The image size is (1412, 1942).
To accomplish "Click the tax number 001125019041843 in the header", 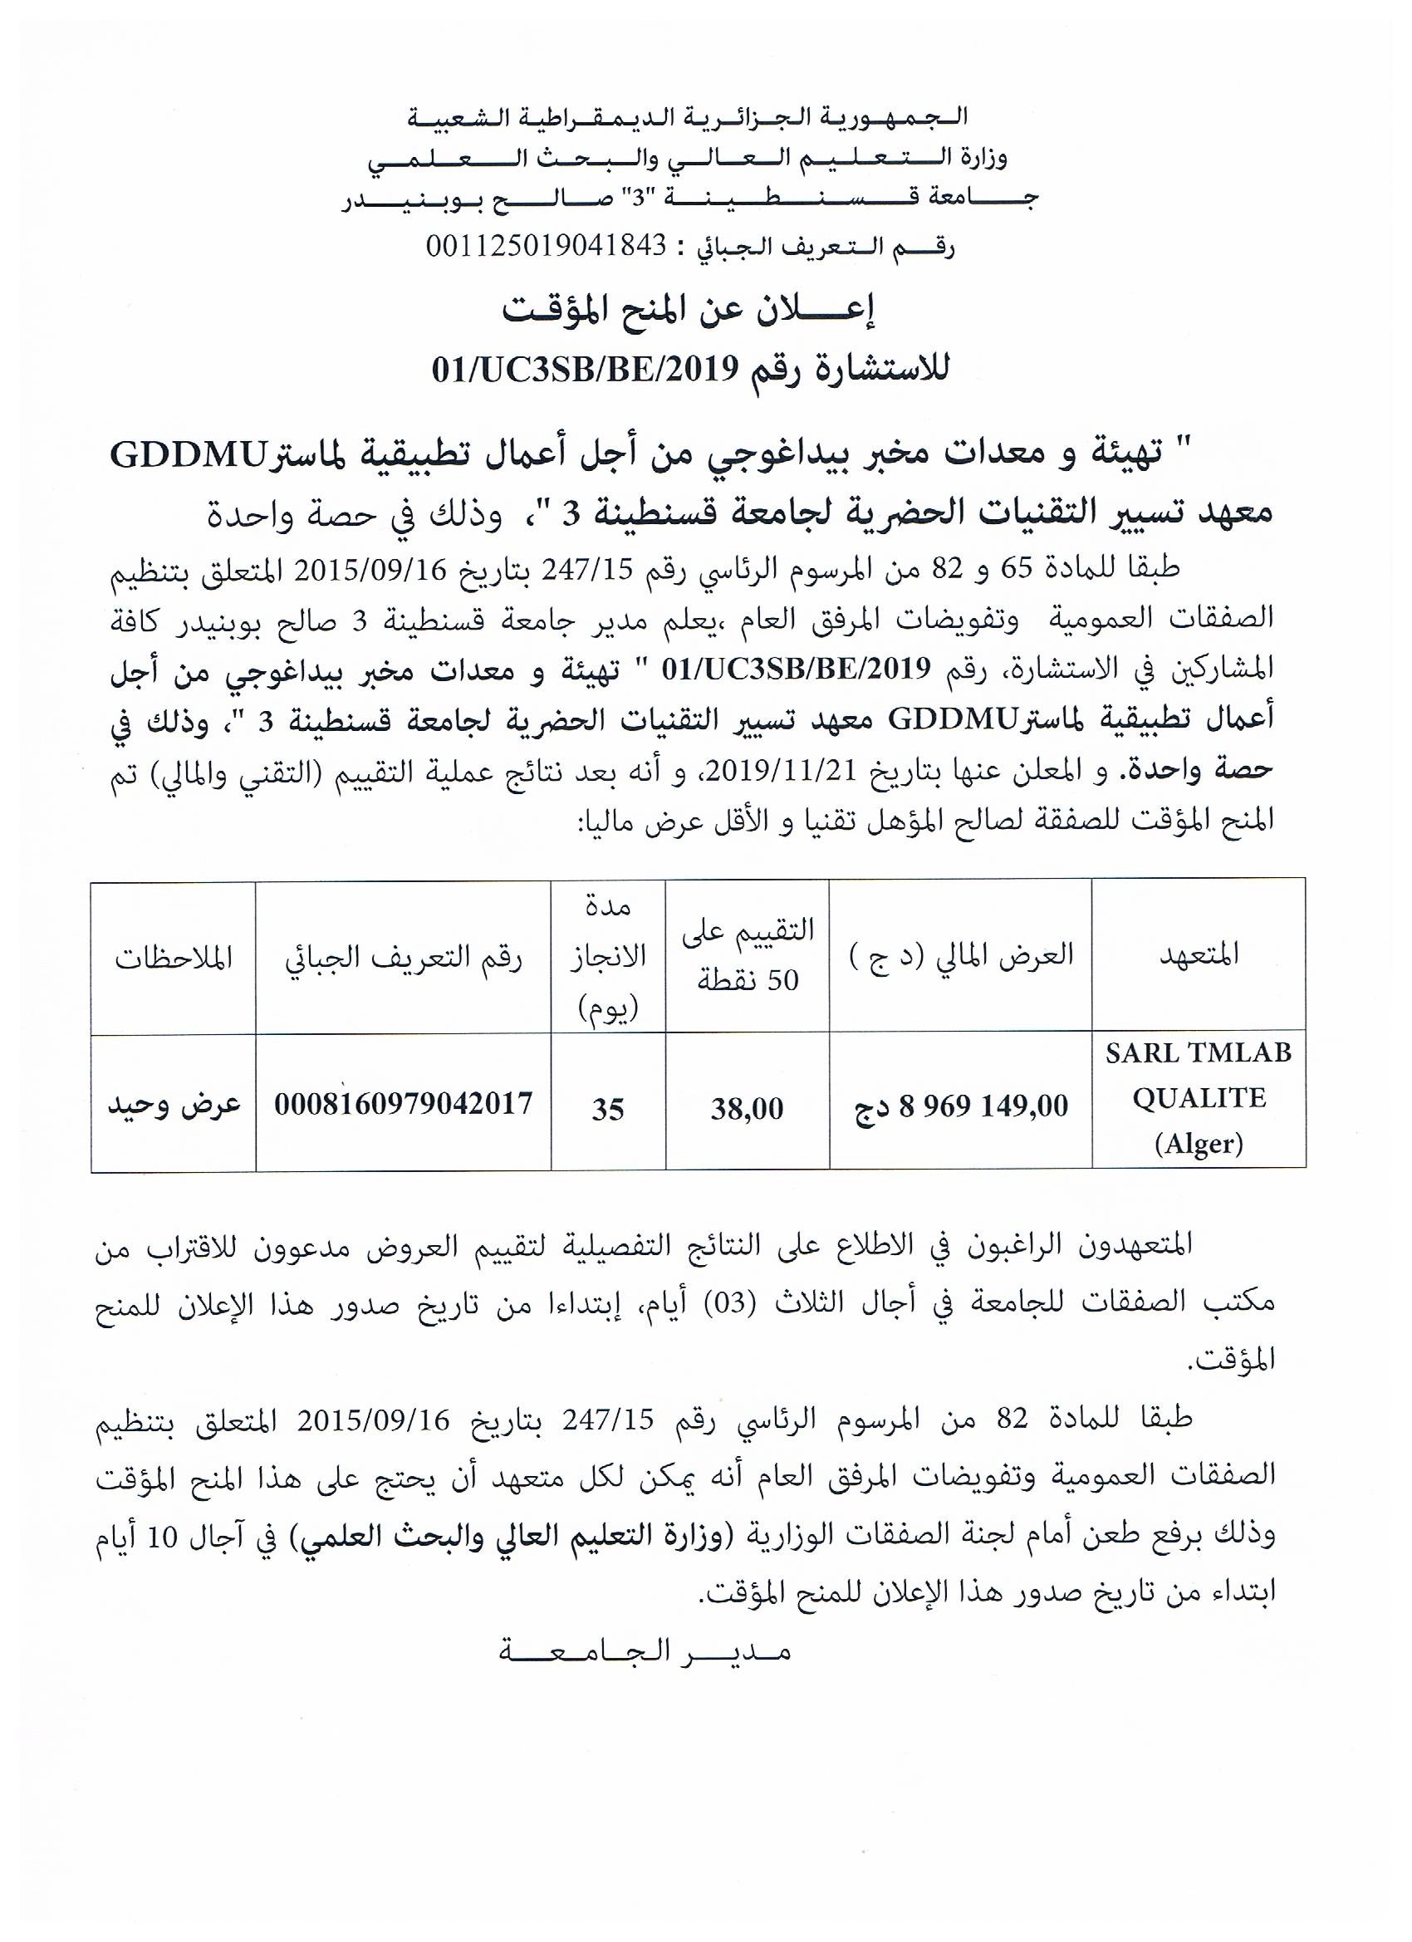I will tap(547, 247).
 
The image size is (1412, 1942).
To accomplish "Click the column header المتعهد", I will tap(1198, 955).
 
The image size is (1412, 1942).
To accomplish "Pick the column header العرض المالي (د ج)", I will tap(961, 955).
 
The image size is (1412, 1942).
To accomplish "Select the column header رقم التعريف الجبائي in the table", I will tap(404, 958).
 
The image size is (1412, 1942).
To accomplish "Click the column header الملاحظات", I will tap(174, 958).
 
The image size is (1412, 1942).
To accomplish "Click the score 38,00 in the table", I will tap(747, 1109).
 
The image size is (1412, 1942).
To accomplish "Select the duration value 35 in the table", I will tap(608, 1109).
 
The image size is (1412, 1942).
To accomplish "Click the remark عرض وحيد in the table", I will tap(174, 1105).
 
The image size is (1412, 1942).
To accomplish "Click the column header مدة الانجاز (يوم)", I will tap(608, 958).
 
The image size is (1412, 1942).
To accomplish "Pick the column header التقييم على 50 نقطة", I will tap(748, 955).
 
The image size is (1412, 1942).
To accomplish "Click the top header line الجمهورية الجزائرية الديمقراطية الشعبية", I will tap(689, 117).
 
